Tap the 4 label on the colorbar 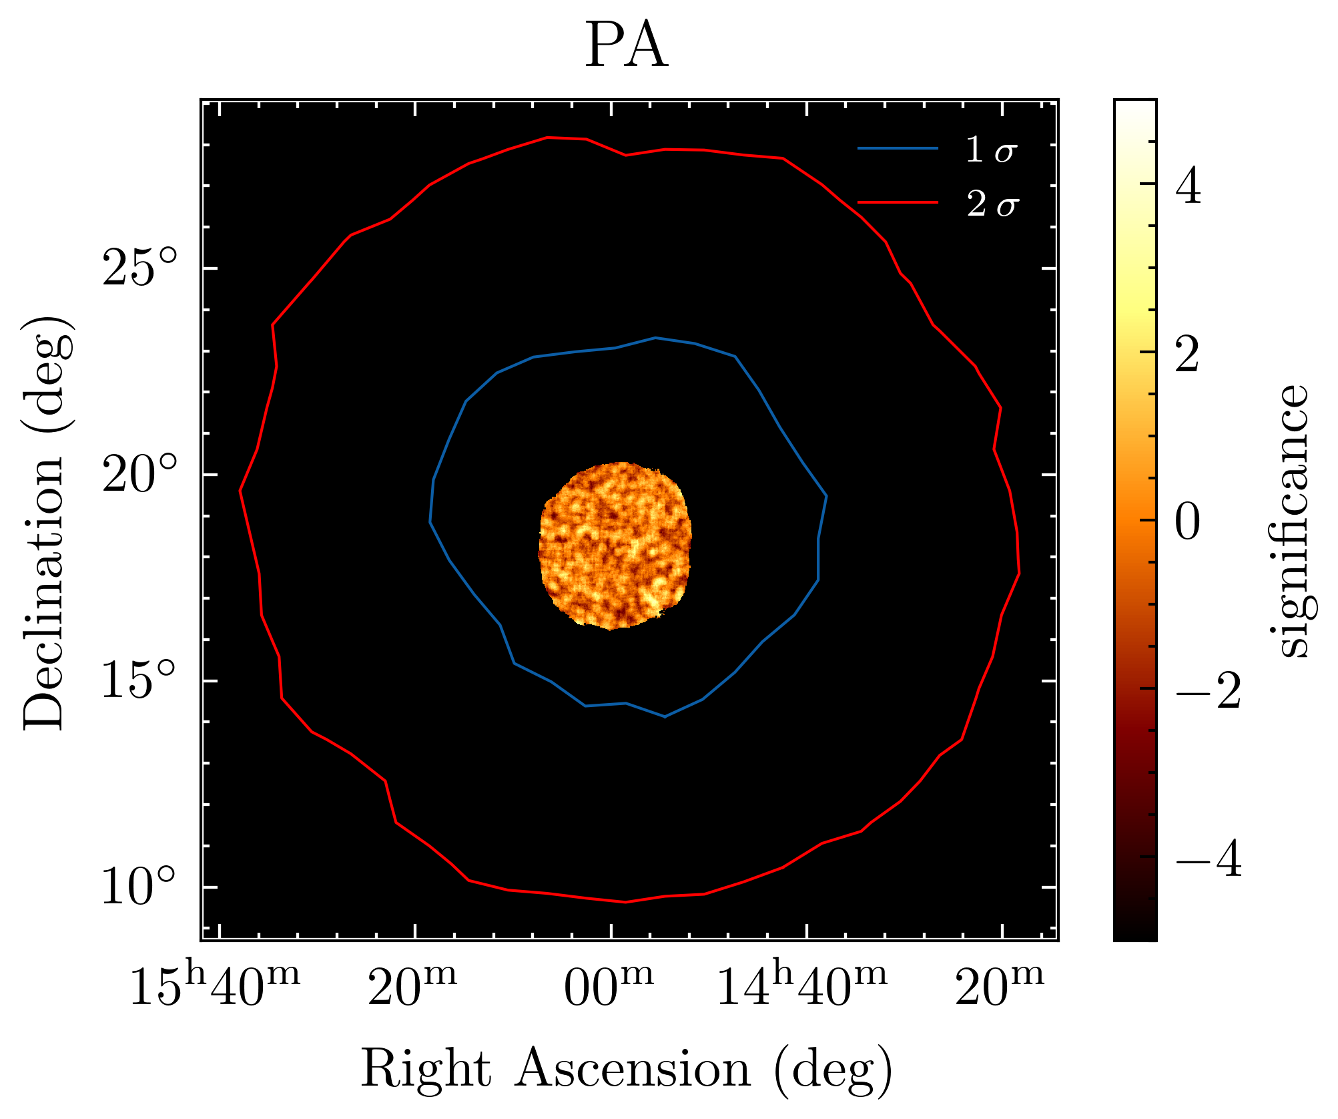(1189, 188)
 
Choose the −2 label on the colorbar (1207, 690)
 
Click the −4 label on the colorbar (1207, 860)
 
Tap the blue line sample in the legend (898, 148)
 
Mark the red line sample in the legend (898, 202)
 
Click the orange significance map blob (615, 545)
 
